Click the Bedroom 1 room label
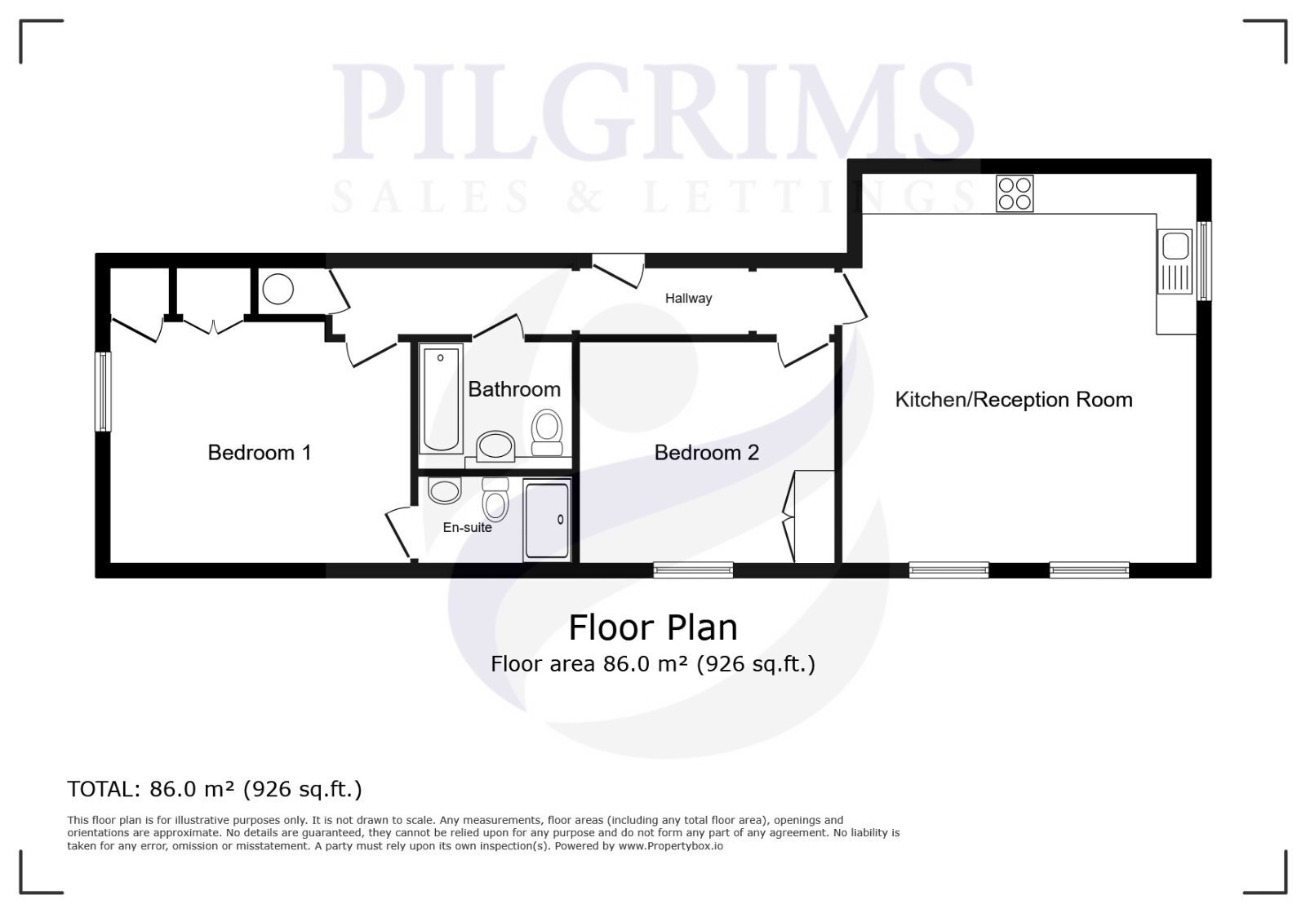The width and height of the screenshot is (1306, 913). (x=260, y=453)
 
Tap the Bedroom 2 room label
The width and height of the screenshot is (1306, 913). (x=707, y=453)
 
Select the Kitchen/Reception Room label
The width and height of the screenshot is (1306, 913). (x=1014, y=400)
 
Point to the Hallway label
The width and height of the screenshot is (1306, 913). (x=689, y=299)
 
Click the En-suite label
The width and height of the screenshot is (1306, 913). (x=467, y=527)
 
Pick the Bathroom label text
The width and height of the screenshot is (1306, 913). (x=514, y=389)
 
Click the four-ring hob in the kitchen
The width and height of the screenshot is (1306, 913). (x=1015, y=193)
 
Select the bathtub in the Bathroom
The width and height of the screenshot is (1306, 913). (x=441, y=398)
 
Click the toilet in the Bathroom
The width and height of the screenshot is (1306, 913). (x=547, y=432)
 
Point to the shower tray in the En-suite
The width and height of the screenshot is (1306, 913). (x=547, y=520)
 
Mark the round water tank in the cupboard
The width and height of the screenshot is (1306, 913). (x=278, y=289)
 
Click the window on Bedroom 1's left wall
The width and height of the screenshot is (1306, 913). (x=103, y=392)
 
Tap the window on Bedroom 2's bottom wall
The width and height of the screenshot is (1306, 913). (x=693, y=570)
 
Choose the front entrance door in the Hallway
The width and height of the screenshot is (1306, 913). (x=619, y=270)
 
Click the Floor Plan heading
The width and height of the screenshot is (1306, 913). (x=653, y=627)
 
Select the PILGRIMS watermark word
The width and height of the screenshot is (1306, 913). (x=653, y=111)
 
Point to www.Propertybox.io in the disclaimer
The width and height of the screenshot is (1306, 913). (x=670, y=846)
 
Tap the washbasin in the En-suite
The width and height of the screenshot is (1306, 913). (x=445, y=490)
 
